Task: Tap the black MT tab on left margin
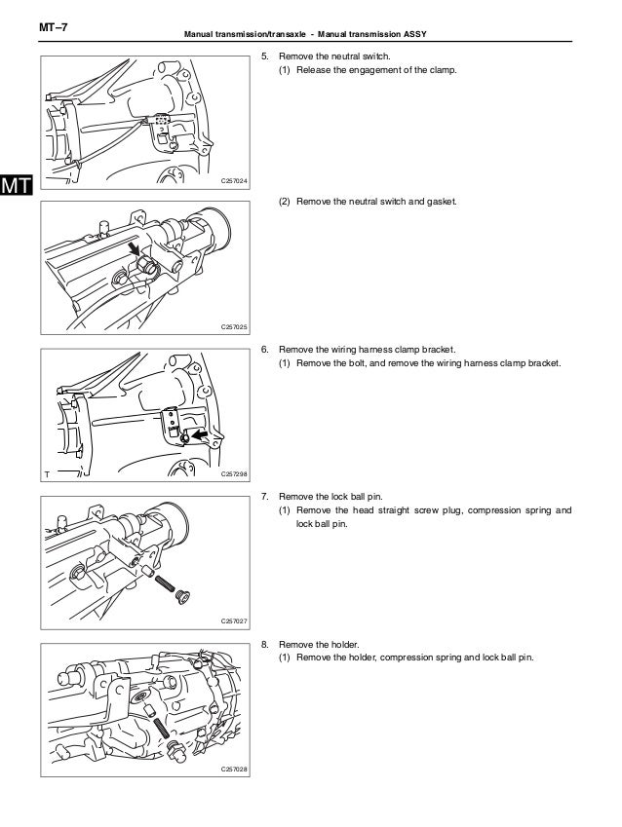coord(17,185)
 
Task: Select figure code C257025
coord(234,327)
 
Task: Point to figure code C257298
coord(234,474)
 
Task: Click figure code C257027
coord(234,620)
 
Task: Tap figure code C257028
coord(234,770)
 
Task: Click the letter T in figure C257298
coord(46,474)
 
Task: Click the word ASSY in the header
coord(417,36)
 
